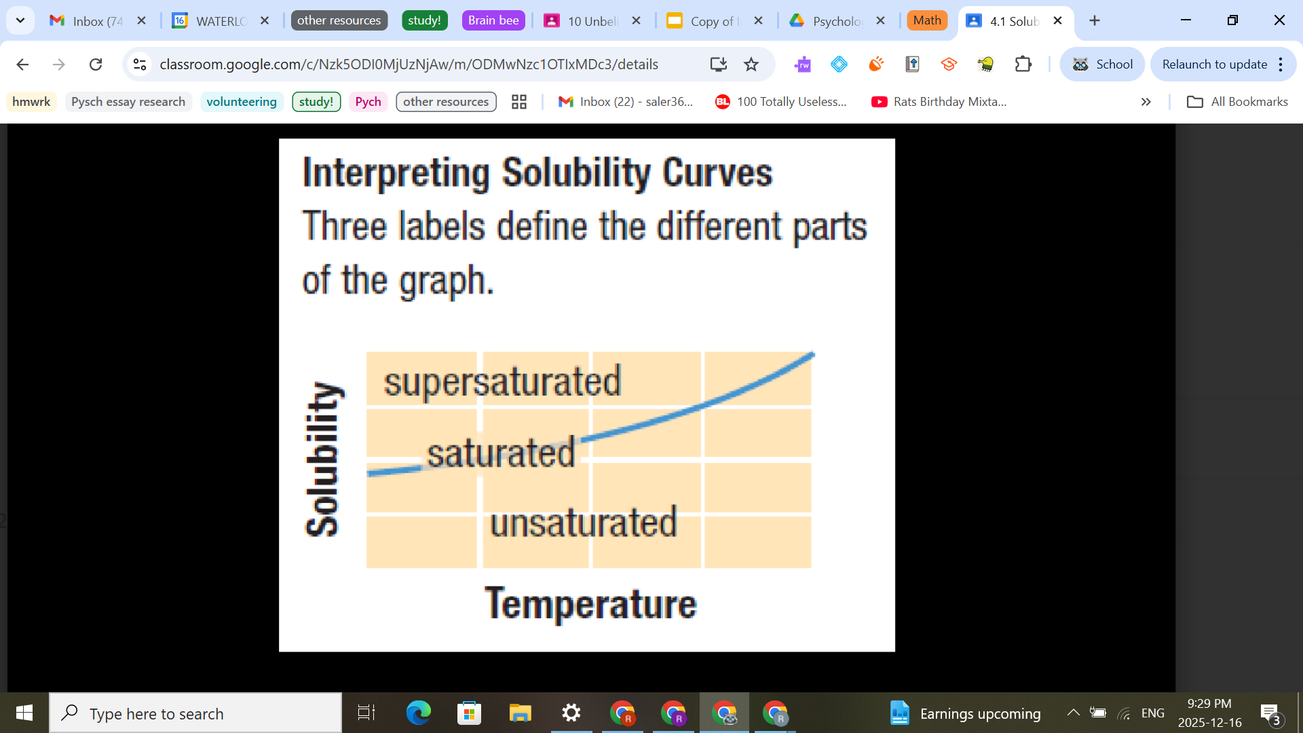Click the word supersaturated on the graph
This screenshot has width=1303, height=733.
click(x=502, y=381)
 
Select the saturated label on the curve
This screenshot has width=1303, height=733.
click(x=501, y=453)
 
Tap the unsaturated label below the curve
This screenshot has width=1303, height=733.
click(x=584, y=523)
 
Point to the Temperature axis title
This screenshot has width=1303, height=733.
click(x=590, y=603)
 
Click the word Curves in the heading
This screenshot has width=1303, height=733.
click(x=717, y=173)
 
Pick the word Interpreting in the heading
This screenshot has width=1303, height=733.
click(x=396, y=173)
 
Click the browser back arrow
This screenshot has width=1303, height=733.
click(x=22, y=64)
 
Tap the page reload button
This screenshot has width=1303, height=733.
click(x=96, y=64)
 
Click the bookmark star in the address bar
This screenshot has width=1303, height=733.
click(x=751, y=64)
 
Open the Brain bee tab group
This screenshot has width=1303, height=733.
click(x=493, y=20)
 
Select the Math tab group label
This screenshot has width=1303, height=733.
click(x=927, y=20)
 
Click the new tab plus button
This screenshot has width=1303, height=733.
click(x=1095, y=20)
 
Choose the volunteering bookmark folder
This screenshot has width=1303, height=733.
click(x=242, y=102)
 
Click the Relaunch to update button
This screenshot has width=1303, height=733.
click(x=1215, y=64)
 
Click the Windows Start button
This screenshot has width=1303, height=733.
click(x=24, y=713)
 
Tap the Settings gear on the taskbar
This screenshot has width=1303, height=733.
click(x=571, y=713)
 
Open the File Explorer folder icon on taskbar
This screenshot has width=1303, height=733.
click(x=521, y=713)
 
